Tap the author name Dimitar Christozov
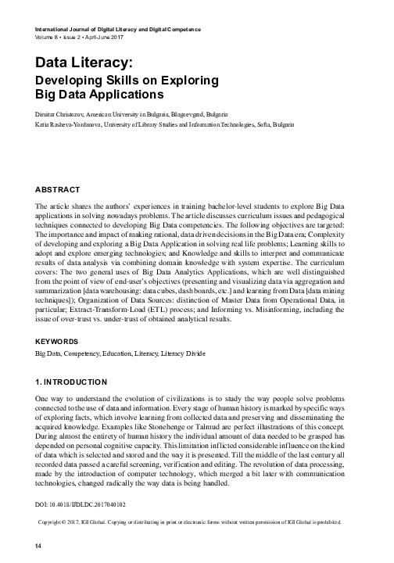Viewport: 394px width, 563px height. tap(66, 114)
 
